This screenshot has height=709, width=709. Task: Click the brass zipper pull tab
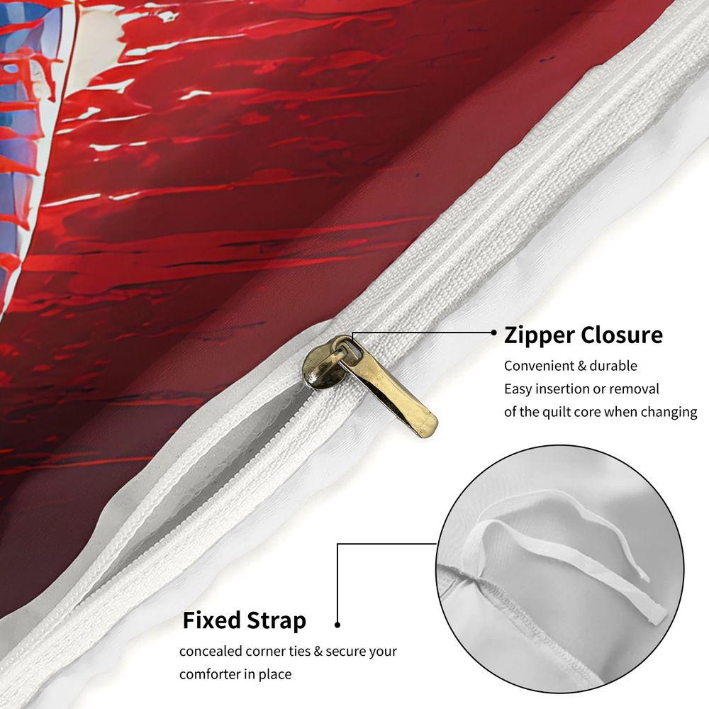389,389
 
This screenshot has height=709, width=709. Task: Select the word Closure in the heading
622,335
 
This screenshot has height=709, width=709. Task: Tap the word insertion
564,389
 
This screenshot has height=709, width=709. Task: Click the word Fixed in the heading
211,620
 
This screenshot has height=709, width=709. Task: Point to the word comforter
210,674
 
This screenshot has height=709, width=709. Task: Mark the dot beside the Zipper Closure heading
493,333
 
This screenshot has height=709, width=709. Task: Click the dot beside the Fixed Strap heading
337,625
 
